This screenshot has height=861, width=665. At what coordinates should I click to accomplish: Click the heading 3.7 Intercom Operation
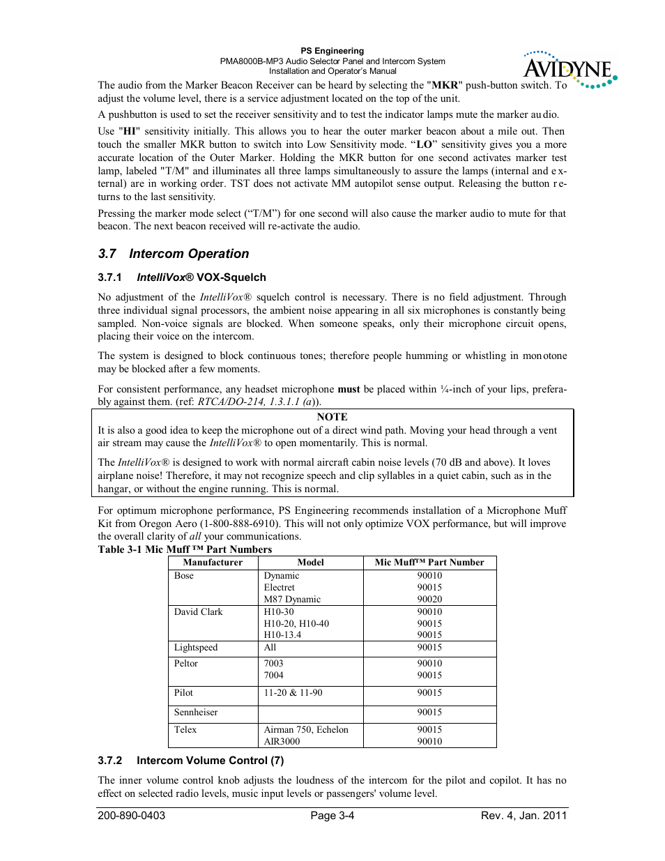[x=174, y=254]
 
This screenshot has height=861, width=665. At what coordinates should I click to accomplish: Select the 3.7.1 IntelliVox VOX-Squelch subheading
[x=182, y=277]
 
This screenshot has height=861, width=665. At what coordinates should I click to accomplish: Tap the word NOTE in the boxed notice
[x=332, y=417]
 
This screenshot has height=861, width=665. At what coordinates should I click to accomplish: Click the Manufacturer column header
[x=213, y=563]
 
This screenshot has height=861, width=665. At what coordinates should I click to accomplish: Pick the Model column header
[x=310, y=563]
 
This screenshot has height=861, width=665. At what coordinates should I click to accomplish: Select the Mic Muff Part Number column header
[x=429, y=563]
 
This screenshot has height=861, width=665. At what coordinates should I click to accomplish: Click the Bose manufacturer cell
[x=184, y=576]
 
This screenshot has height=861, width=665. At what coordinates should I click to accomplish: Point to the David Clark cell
[x=198, y=612]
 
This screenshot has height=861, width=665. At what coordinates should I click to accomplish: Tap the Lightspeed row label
[x=196, y=648]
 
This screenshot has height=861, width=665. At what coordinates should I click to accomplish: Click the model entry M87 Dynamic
[x=292, y=600]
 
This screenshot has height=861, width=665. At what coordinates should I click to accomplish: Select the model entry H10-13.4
[x=282, y=635]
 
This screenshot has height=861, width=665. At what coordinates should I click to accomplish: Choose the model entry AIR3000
[x=282, y=742]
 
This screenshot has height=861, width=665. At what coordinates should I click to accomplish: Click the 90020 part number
[x=429, y=600]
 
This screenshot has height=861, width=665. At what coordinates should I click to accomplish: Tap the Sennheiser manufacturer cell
[x=196, y=713]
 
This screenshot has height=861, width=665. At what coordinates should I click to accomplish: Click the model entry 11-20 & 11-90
[x=293, y=693]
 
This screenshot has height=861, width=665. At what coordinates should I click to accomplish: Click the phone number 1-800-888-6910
[x=240, y=524]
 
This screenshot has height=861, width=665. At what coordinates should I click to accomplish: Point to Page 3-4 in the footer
[x=332, y=816]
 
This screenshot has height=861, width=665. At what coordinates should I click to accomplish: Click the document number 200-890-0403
[x=132, y=816]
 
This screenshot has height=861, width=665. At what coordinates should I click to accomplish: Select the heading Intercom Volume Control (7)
[x=210, y=761]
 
